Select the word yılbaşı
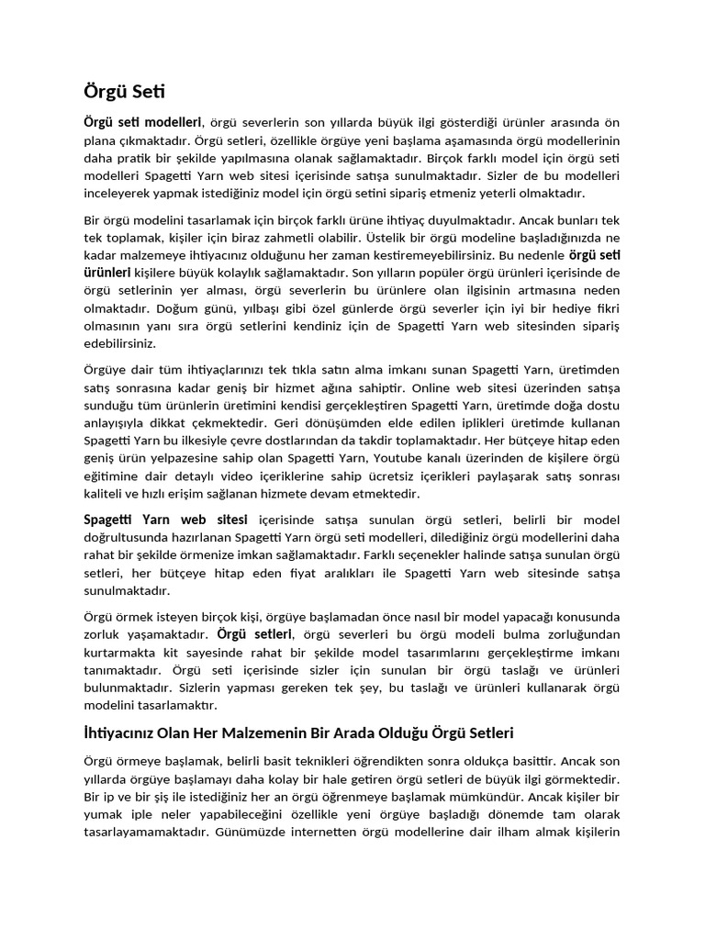[267, 308]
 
